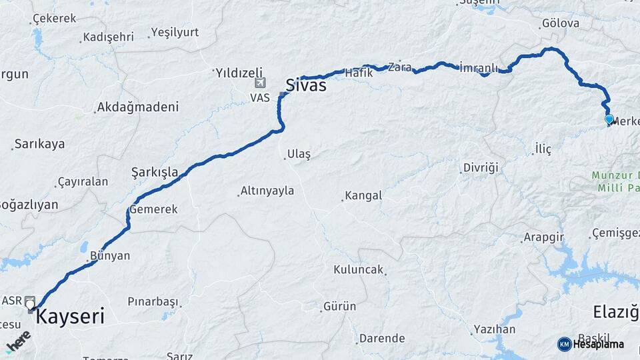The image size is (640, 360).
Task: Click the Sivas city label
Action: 306,85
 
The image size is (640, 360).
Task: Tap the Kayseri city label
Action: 70,316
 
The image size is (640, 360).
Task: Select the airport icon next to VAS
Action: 259,83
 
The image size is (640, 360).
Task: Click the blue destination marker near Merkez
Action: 609,119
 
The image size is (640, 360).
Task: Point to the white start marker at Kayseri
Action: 30,305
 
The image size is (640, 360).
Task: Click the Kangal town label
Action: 363,196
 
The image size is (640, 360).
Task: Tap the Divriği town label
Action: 481,167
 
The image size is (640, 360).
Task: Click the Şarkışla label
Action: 155,173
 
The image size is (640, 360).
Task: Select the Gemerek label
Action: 154,209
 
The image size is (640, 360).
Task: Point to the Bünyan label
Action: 109,255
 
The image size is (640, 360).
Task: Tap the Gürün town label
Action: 340,307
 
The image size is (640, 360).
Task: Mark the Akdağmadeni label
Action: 138,107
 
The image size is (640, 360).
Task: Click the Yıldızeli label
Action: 239,72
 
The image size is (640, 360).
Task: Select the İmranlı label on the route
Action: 479,68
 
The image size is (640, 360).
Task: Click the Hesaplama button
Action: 591,344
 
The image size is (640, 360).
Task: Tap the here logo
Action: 18,341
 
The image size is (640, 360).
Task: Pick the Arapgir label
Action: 544,237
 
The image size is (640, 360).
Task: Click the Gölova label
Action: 561,23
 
